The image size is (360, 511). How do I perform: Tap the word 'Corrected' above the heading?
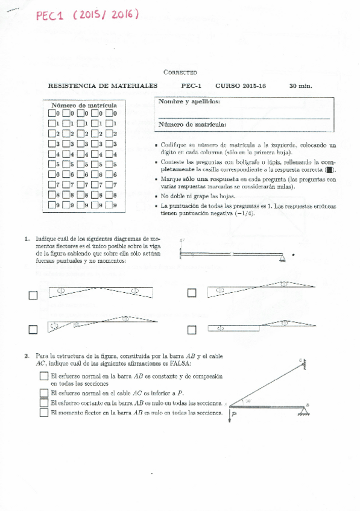pyautogui.click(x=180, y=72)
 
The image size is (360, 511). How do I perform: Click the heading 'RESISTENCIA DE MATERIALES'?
pyautogui.click(x=103, y=86)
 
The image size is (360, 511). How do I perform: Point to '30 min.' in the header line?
pyautogui.click(x=300, y=86)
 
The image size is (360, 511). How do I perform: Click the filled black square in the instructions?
pyautogui.click(x=329, y=171)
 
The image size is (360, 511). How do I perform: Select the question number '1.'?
pyautogui.click(x=27, y=239)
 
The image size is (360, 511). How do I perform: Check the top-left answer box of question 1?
pyautogui.click(x=33, y=295)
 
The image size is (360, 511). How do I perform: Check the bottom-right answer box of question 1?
pyautogui.click(x=192, y=330)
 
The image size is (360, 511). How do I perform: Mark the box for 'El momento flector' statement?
pyautogui.click(x=43, y=413)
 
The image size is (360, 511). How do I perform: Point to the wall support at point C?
pyautogui.click(x=306, y=363)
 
